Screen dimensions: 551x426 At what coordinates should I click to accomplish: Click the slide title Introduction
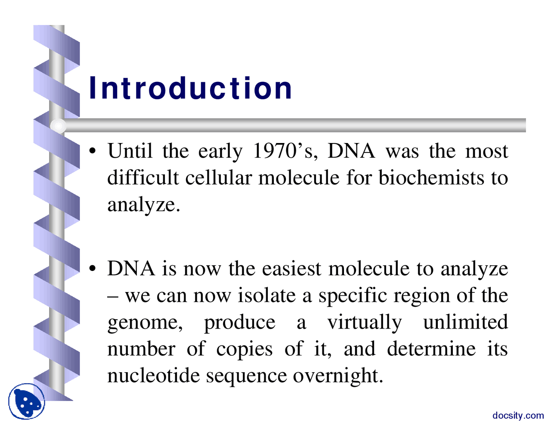tap(190, 88)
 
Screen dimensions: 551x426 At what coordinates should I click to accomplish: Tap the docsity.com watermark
tap(518, 415)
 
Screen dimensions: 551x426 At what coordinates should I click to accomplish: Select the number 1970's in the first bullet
tap(285, 151)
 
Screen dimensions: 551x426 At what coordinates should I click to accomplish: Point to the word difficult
tap(143, 177)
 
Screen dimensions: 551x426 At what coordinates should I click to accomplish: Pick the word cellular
tap(219, 177)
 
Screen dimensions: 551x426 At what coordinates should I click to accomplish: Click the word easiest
tap(291, 268)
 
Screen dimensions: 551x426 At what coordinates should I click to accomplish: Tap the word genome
tap(145, 323)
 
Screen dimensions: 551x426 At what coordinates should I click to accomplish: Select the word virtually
tap(365, 323)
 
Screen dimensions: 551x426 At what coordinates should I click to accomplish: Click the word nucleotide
tap(154, 375)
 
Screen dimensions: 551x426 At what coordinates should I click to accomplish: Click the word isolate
tap(266, 295)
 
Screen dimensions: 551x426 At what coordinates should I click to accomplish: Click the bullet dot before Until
tap(93, 151)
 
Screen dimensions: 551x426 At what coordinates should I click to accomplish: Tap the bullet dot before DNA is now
tap(93, 268)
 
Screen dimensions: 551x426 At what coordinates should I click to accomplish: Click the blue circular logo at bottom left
tap(27, 401)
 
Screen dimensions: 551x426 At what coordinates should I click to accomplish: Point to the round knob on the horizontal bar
tap(58, 126)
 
